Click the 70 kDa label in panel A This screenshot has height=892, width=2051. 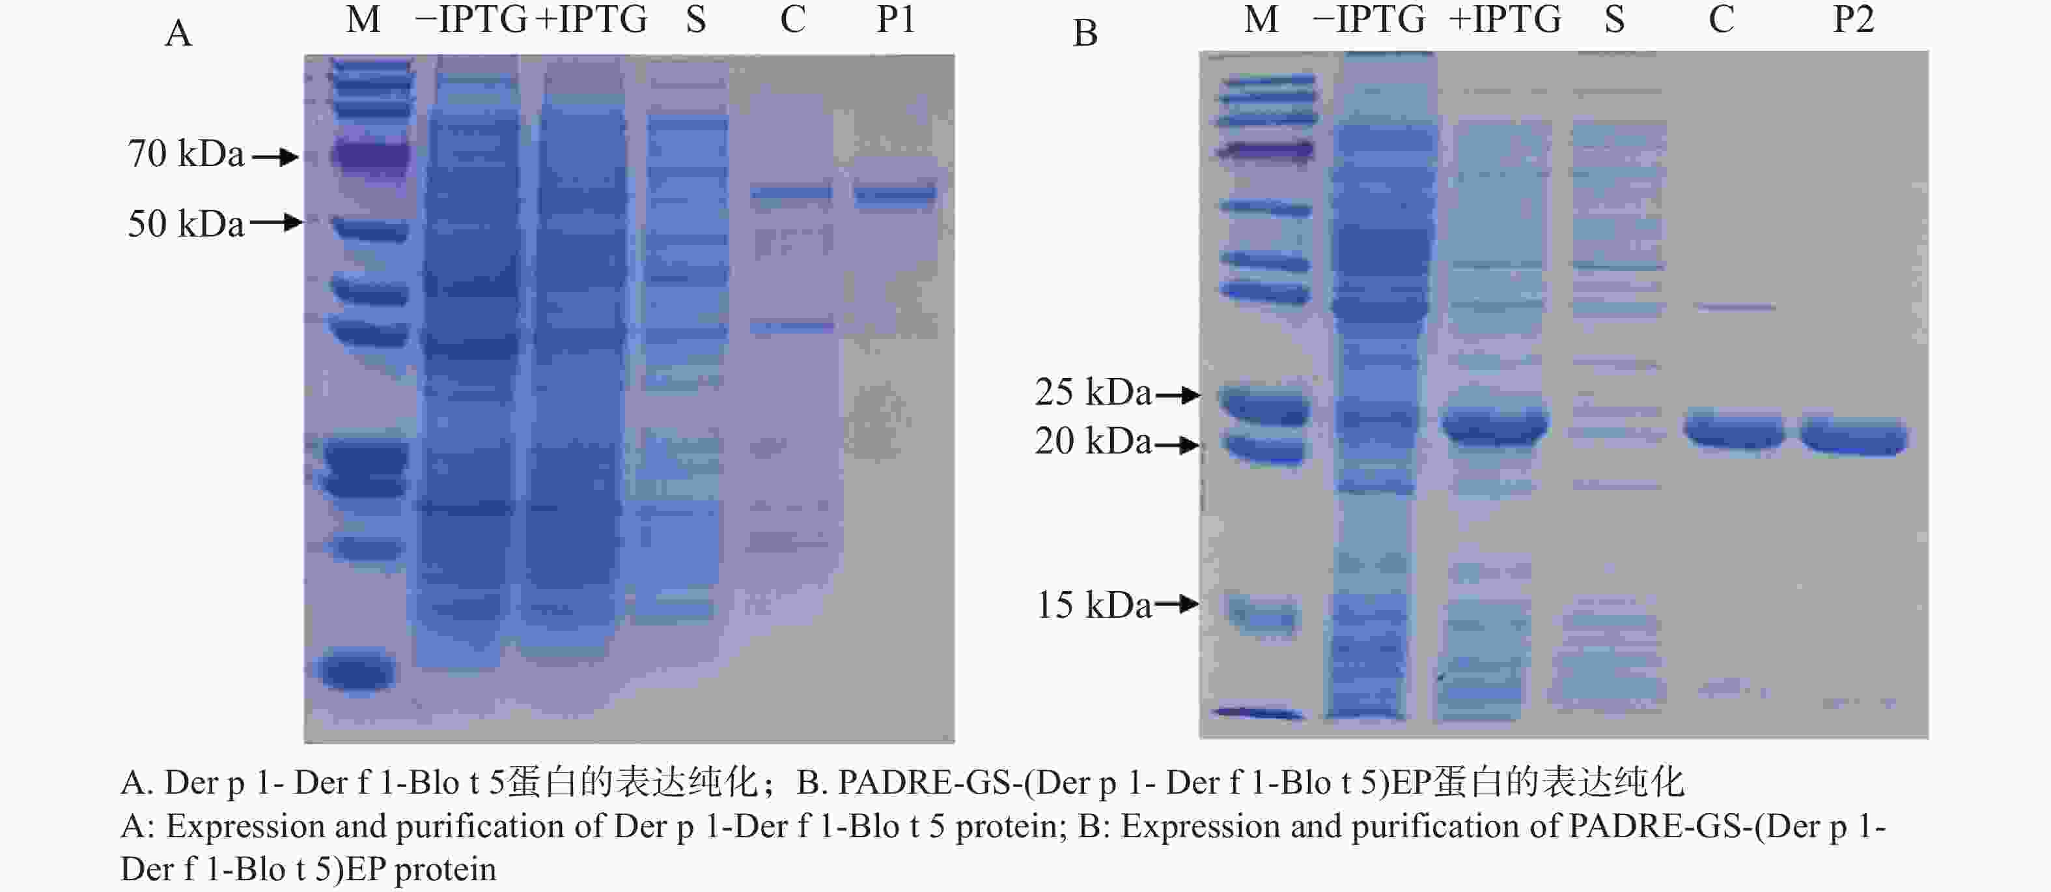(x=186, y=154)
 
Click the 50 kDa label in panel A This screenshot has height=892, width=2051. (x=186, y=223)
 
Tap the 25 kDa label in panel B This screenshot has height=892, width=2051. (x=1093, y=392)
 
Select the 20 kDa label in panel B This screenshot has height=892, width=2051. (x=1093, y=441)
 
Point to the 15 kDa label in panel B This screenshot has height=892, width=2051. (x=1093, y=605)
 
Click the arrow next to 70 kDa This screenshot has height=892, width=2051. (x=275, y=157)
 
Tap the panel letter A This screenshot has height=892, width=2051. (x=178, y=33)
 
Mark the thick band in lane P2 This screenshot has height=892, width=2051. (x=1854, y=437)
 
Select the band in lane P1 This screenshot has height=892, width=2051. (x=895, y=194)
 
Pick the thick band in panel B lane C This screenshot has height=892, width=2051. (x=1733, y=431)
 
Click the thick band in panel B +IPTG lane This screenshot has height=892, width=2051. (x=1495, y=426)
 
